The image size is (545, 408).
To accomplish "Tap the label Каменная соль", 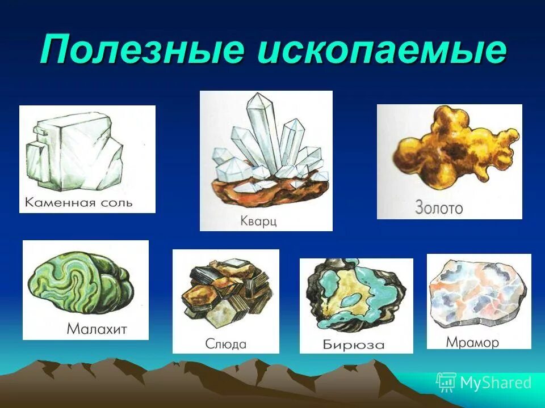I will (x=79, y=202).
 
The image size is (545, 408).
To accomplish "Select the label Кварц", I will (x=258, y=220).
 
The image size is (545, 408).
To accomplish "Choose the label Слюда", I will (x=226, y=344).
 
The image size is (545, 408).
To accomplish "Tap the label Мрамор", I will (x=472, y=342).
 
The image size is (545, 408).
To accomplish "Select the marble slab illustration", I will (x=478, y=295).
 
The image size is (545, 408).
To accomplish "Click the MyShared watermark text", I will (x=496, y=382).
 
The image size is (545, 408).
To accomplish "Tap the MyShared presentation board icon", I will (x=446, y=382).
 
